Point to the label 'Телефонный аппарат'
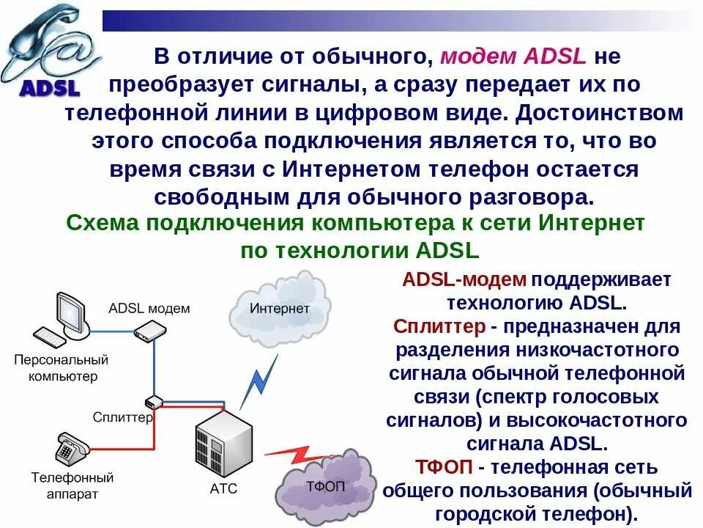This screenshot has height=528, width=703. coord(72,485)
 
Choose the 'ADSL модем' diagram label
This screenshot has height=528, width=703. coord(149,308)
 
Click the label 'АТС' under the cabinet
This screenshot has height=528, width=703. coord(223,488)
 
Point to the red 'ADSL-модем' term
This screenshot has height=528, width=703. coord(464,279)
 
